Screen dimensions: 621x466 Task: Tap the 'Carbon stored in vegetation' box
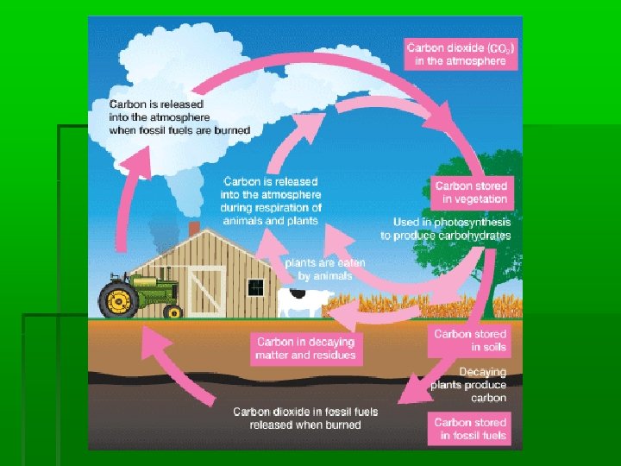point(471,192)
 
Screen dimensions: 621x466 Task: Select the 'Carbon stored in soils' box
point(470,340)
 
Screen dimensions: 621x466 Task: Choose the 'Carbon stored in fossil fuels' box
point(470,429)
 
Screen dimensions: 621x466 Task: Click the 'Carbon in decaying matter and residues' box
point(304,348)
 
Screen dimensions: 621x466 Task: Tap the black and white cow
point(300,302)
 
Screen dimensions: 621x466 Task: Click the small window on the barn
point(254,287)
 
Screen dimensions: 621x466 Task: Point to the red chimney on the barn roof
point(194,228)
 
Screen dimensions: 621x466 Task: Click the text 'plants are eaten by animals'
point(325,269)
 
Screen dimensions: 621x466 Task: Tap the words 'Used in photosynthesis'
point(447,223)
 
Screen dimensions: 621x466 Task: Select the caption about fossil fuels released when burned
point(304,418)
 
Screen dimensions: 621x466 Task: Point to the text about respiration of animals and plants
point(271,201)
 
